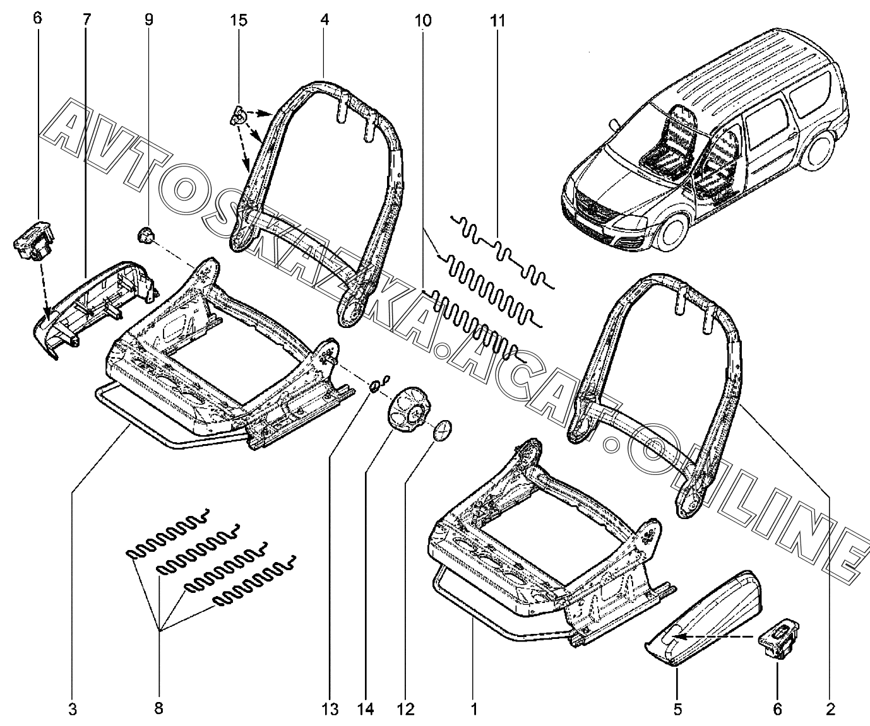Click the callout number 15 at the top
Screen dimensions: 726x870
238,20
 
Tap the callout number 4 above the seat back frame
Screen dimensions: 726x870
325,20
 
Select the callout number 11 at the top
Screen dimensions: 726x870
498,20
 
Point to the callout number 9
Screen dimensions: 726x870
149,20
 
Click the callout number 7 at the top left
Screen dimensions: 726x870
86,20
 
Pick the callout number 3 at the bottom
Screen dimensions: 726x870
73,709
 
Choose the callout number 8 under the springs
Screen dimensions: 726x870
158,709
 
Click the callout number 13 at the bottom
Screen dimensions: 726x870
330,709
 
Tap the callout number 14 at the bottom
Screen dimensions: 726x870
366,709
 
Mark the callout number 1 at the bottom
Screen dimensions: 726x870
474,709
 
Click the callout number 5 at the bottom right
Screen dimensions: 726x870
677,709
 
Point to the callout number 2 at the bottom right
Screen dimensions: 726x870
830,709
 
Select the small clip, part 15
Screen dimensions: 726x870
237,115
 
